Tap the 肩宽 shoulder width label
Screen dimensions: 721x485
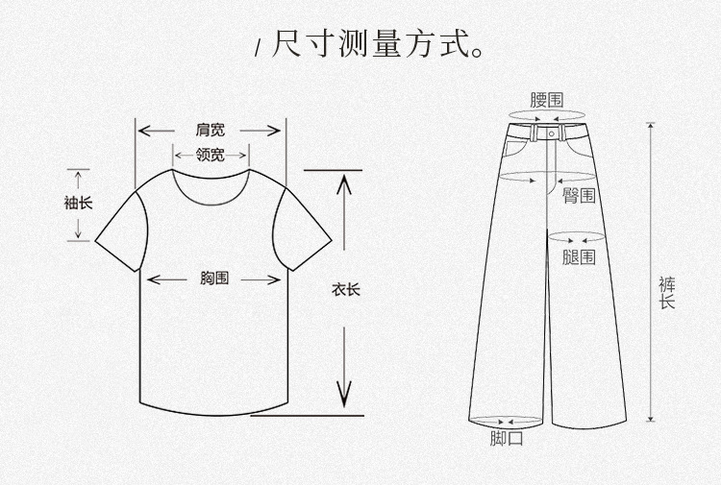(x=211, y=129)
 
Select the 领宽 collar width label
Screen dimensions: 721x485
(x=211, y=154)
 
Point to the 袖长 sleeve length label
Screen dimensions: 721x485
(x=78, y=203)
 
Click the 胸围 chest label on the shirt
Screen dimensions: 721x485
(x=214, y=279)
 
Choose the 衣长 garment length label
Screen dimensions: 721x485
(x=345, y=289)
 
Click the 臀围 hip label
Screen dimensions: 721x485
(x=579, y=196)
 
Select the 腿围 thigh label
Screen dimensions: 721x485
(x=579, y=256)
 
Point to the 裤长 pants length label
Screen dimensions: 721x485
(x=666, y=292)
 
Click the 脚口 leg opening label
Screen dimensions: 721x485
(x=507, y=440)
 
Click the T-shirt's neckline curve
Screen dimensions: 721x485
(x=211, y=192)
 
